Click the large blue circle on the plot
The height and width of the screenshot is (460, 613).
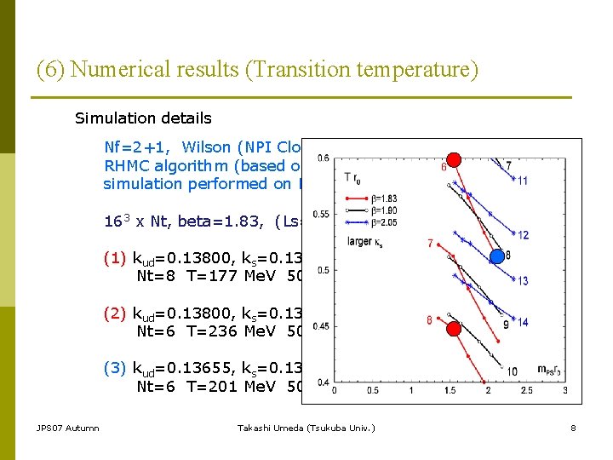(x=497, y=256)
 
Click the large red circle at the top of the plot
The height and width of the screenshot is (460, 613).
(x=455, y=158)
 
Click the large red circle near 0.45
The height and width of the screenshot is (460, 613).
(x=455, y=328)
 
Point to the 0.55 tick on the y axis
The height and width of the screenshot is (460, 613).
(x=321, y=214)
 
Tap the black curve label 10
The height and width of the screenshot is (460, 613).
(x=512, y=371)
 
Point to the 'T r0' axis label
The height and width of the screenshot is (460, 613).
(x=351, y=175)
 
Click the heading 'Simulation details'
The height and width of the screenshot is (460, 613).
(x=143, y=118)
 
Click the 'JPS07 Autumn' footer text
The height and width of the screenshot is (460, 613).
(x=67, y=428)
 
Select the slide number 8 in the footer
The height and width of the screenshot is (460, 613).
(x=573, y=428)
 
